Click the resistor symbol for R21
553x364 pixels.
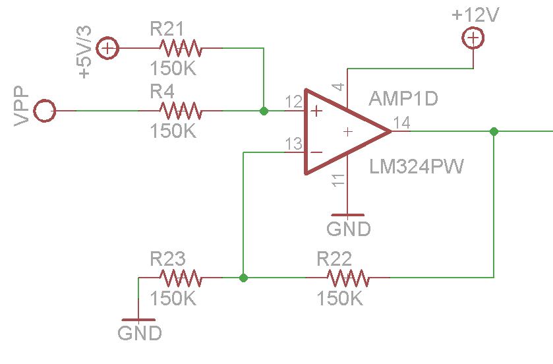tap(180, 48)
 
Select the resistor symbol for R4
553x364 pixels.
tap(180, 111)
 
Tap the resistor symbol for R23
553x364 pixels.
tap(180, 278)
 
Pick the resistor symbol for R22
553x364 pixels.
tap(347, 278)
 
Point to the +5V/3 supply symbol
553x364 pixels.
tap(107, 48)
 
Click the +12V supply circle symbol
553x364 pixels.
tap(472, 40)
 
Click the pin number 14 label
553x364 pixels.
tap(401, 122)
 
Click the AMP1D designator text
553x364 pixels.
tap(403, 99)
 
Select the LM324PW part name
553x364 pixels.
tap(416, 167)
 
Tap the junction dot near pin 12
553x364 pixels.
tap(264, 111)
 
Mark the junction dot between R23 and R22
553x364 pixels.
tap(244, 278)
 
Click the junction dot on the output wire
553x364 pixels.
tap(494, 131)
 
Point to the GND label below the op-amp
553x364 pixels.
tap(348, 229)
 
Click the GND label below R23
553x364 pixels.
tap(140, 332)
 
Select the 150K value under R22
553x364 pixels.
tap(339, 298)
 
